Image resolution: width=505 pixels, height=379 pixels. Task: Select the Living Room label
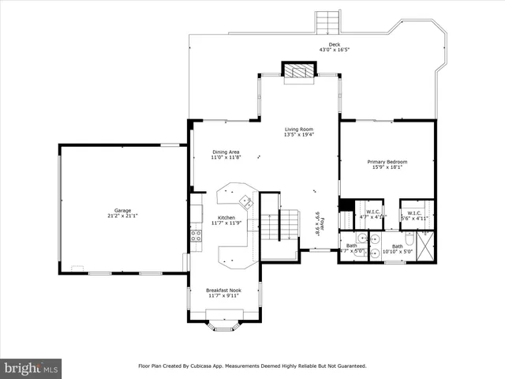pyautogui.click(x=299, y=129)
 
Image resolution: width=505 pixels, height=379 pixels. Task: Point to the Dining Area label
pyautogui.click(x=226, y=152)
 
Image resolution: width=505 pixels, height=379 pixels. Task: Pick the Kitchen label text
pyautogui.click(x=226, y=218)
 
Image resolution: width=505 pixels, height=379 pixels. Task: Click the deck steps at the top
pyautogui.click(x=326, y=19)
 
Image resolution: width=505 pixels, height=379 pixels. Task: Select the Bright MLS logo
pyautogui.click(x=32, y=367)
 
